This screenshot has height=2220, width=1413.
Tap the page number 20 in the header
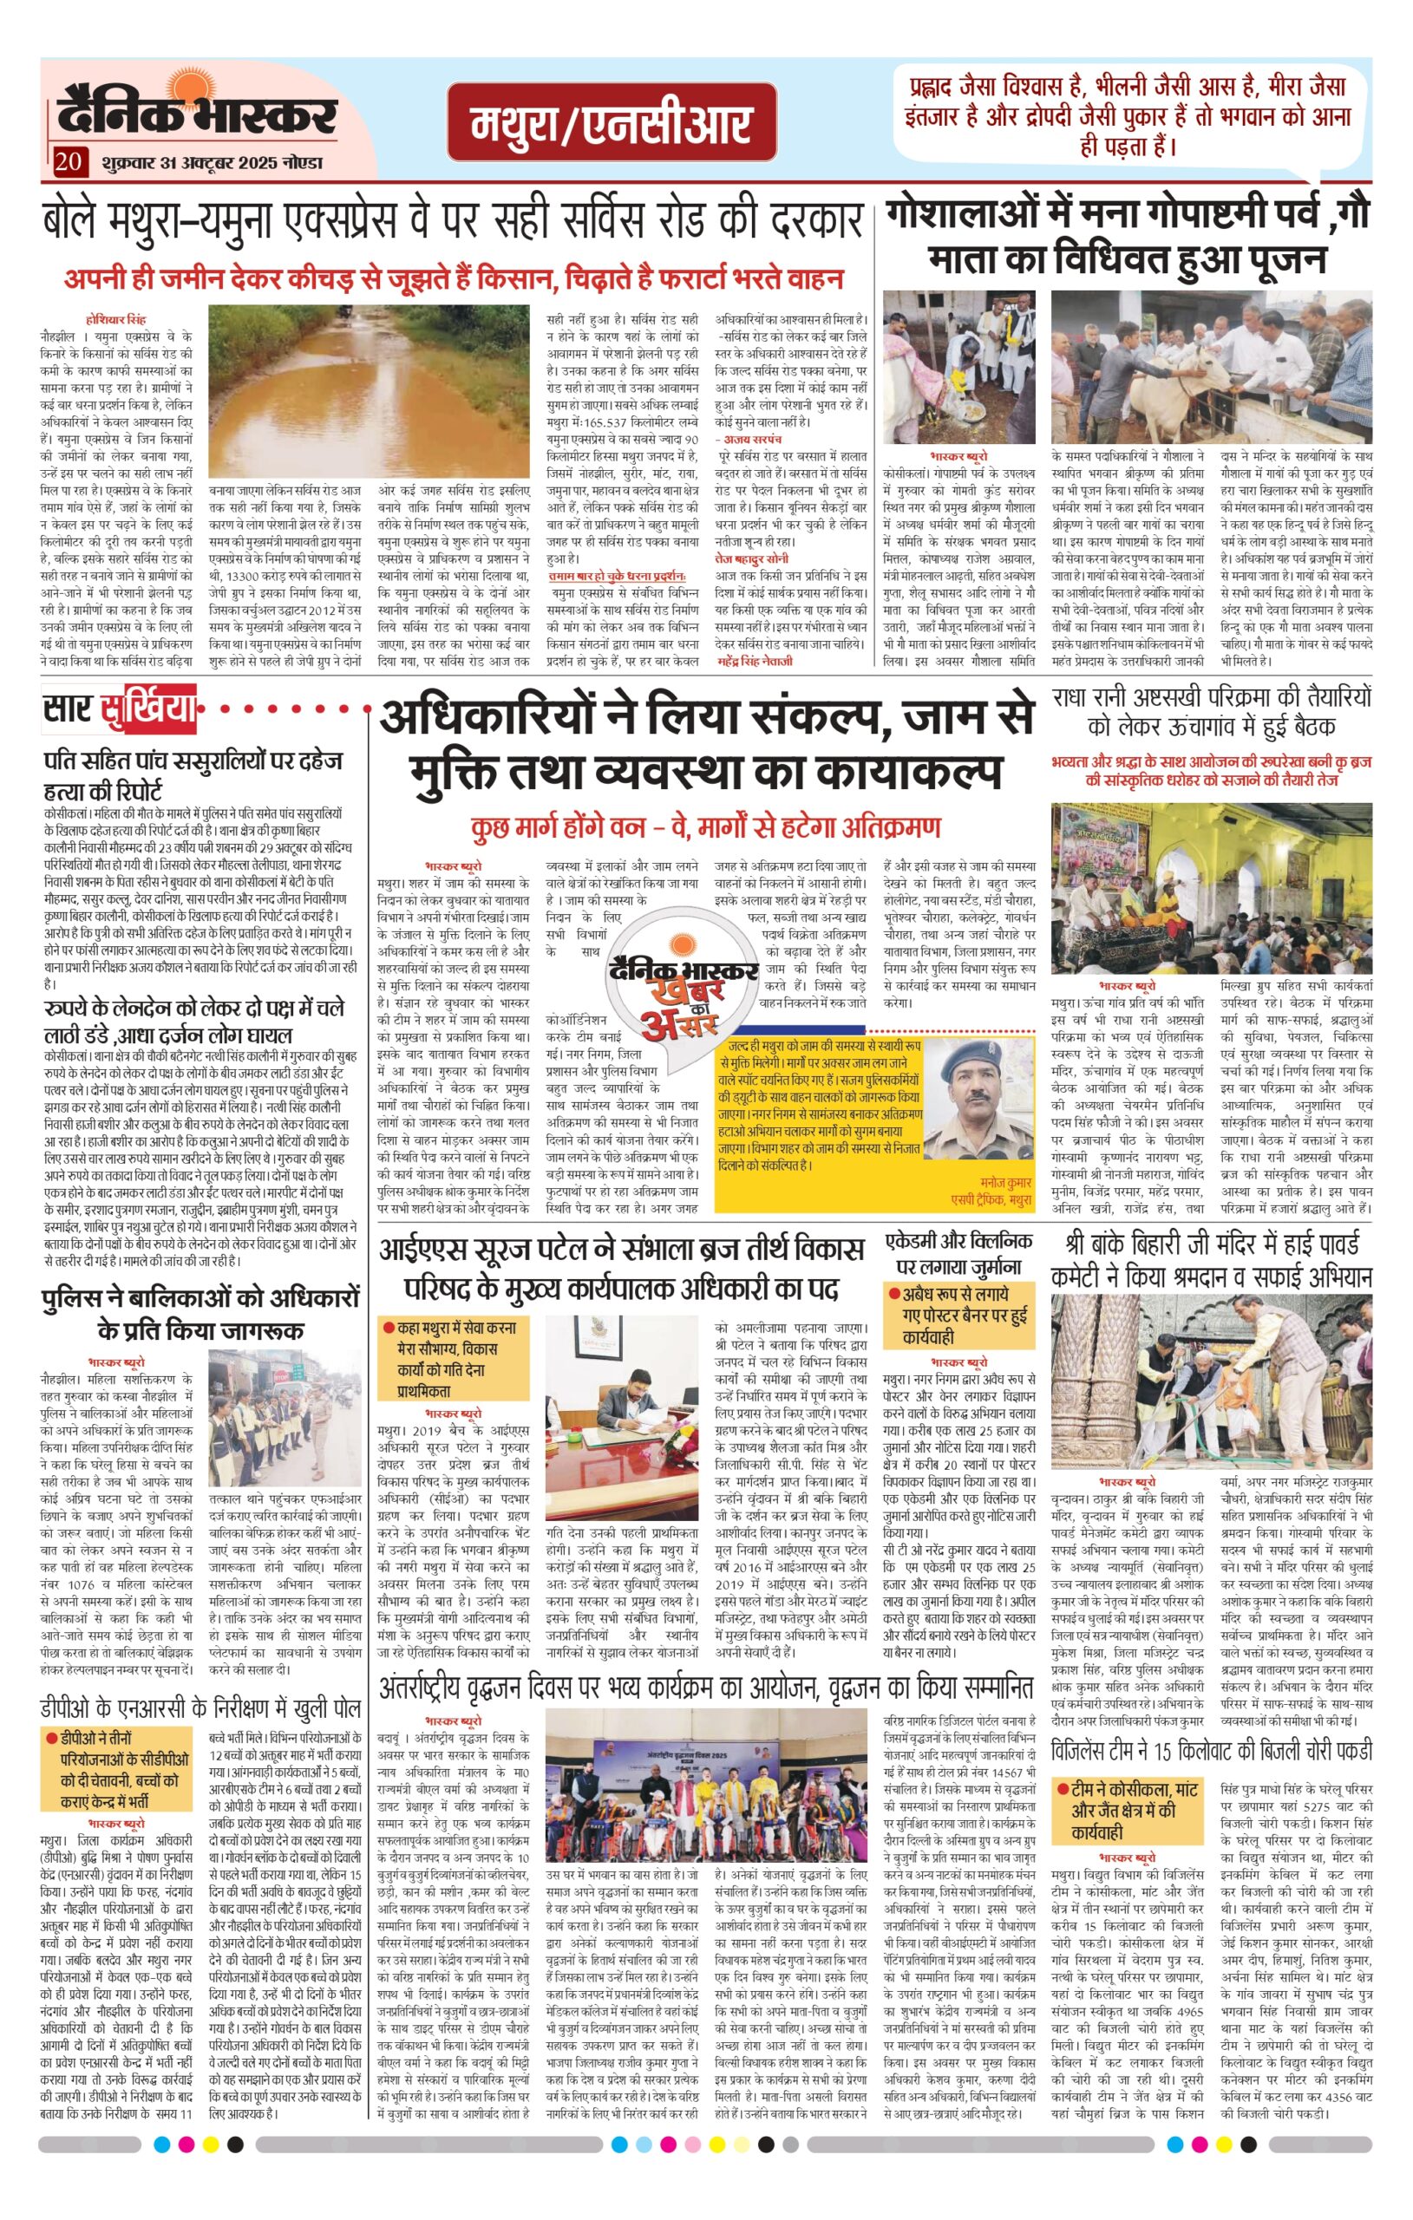(x=68, y=163)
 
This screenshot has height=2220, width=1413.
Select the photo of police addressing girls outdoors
(x=285, y=1420)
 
